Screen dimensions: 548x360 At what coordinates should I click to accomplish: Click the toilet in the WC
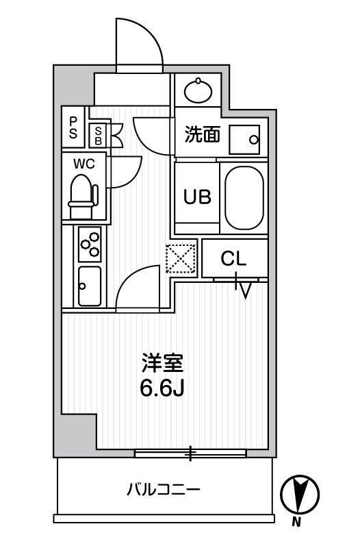tap(82, 192)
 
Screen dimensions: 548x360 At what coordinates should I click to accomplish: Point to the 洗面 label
tap(202, 134)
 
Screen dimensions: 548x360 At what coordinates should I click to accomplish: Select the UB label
tap(196, 196)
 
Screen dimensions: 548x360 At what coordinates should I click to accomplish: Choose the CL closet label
tap(233, 259)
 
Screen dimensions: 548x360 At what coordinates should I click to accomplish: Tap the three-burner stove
tap(90, 244)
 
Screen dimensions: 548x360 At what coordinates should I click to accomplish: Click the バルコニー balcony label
tap(163, 490)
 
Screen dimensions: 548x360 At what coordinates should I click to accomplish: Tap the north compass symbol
tap(300, 493)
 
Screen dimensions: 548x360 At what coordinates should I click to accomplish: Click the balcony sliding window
tap(190, 453)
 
